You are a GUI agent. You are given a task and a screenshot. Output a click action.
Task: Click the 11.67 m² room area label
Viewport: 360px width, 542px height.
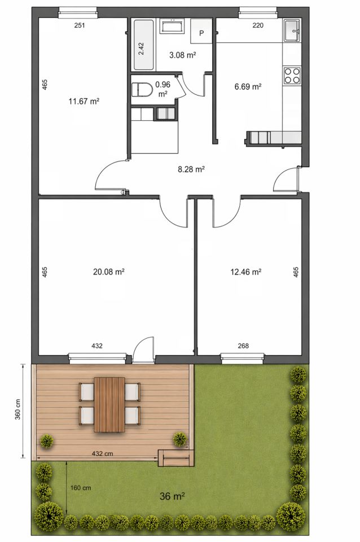coord(84,101)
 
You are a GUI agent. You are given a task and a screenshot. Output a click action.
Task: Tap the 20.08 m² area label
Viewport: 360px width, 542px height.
coord(108,272)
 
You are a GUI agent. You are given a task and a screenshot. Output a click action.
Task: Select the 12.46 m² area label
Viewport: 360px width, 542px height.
coord(245,272)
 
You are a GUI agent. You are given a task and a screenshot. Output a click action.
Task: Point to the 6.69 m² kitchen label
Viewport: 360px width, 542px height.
coord(248,86)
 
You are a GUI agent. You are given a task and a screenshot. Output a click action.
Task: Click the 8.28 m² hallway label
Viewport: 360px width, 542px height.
coord(191,169)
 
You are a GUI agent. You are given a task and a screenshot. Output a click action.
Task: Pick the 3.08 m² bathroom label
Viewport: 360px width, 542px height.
coord(183,55)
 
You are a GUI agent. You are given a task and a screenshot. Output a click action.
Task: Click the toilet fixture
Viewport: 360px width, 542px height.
coord(142,90)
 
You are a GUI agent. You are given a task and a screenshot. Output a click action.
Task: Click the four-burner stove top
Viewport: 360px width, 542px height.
coord(292,76)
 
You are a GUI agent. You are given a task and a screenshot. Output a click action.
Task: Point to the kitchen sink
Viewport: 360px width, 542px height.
coord(293,30)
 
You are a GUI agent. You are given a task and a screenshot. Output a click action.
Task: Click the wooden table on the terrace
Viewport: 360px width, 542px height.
coord(109,404)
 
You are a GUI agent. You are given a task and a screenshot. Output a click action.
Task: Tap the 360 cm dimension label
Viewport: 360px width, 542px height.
coord(17,409)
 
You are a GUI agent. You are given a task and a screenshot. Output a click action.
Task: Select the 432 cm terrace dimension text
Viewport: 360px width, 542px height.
coord(102,453)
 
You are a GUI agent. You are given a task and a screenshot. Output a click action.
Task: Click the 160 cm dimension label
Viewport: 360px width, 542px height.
coord(81,488)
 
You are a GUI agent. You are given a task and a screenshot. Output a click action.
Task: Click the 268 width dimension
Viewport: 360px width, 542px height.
coord(243,346)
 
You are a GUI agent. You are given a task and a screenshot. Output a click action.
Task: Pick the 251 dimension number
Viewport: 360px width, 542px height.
coord(80,25)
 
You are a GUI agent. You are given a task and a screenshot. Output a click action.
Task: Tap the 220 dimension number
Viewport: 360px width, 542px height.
coord(258,25)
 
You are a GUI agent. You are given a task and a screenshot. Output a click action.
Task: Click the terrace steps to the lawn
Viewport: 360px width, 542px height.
coord(175,458)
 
